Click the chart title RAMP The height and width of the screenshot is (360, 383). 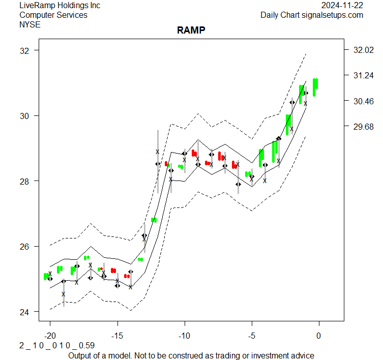point(191,30)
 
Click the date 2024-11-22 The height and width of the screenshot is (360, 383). point(342,5)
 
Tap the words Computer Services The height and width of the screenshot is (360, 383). point(53,15)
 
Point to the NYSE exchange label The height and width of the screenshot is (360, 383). point(30,24)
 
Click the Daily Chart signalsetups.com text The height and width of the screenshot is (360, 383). point(312,15)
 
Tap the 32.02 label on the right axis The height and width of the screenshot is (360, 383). point(363,50)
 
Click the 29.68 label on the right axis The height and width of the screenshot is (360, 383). point(363,126)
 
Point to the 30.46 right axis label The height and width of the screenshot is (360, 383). point(363,101)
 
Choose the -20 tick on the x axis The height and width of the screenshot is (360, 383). point(50,336)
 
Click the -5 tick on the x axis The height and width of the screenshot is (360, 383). point(252,336)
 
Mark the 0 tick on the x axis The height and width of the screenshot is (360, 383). point(319,336)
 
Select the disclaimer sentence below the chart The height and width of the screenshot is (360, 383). point(191,355)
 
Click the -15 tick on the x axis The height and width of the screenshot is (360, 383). point(117,336)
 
